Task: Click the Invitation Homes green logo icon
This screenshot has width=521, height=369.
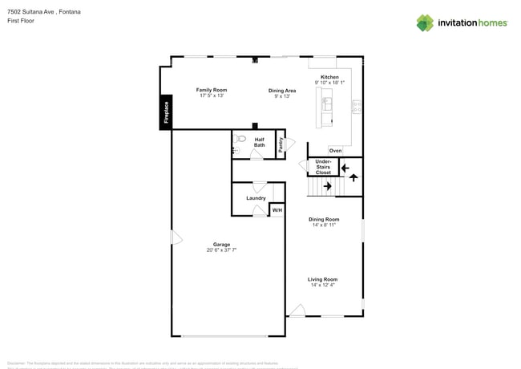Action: (x=425, y=23)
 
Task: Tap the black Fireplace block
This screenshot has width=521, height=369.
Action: (x=166, y=112)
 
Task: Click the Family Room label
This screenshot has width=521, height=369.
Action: (x=212, y=90)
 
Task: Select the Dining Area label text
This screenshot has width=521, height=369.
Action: (x=281, y=91)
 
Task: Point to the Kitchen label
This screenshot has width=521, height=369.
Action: (x=329, y=77)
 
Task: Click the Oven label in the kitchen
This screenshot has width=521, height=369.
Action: (x=335, y=151)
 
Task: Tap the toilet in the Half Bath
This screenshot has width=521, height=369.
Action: (x=240, y=139)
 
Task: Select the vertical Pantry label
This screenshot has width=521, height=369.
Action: (x=281, y=144)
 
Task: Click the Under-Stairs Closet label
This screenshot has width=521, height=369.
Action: (x=323, y=167)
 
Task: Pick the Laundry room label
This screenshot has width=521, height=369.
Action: (x=256, y=198)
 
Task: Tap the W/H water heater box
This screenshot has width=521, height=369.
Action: (x=277, y=210)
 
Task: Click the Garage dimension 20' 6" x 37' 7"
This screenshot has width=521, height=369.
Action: (x=221, y=250)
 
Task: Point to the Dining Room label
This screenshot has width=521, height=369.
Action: (x=324, y=219)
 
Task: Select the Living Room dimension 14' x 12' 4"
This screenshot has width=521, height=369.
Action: (x=322, y=285)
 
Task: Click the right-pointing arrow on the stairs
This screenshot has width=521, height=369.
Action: (x=327, y=186)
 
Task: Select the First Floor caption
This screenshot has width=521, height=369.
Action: (x=20, y=21)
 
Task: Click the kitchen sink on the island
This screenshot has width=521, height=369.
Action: (x=326, y=104)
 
